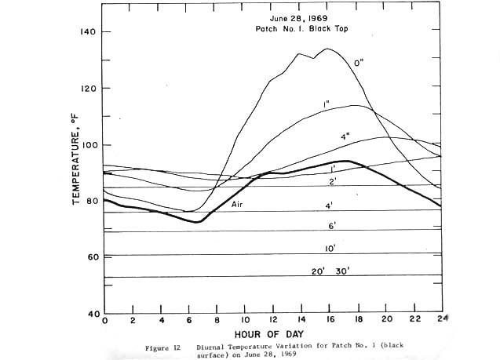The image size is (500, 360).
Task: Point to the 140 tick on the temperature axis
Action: pyautogui.click(x=87, y=32)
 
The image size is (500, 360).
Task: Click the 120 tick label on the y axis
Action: pyautogui.click(x=87, y=89)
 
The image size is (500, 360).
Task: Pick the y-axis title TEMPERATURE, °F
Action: pyautogui.click(x=77, y=169)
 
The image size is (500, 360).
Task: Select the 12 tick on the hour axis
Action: pyautogui.click(x=272, y=322)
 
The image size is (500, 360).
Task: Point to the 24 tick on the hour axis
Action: pyautogui.click(x=441, y=322)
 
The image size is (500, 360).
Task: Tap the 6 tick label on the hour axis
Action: pyautogui.click(x=189, y=322)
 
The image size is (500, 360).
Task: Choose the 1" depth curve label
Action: pyautogui.click(x=325, y=104)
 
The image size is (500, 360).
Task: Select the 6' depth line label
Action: pyautogui.click(x=330, y=225)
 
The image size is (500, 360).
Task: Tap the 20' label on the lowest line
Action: pyautogui.click(x=318, y=271)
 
